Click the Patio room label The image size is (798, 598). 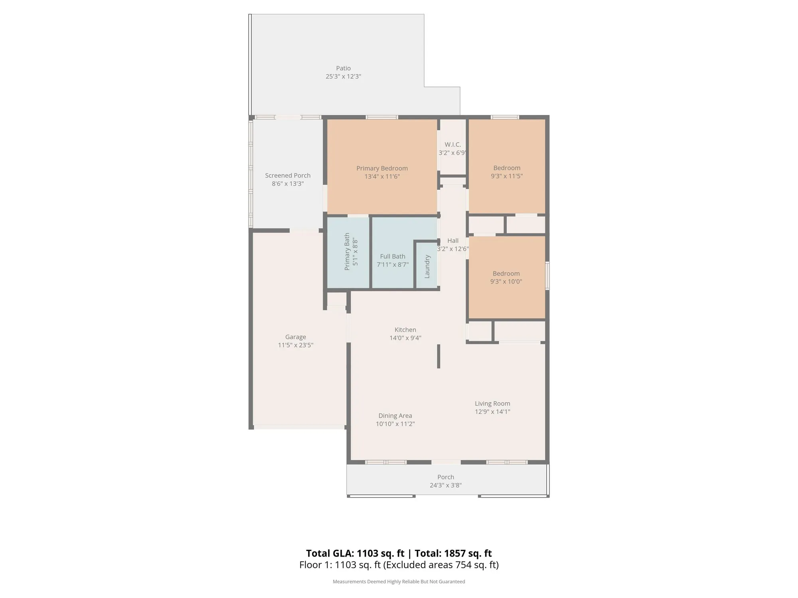[x=343, y=68]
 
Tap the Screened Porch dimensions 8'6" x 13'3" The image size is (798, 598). [x=288, y=184]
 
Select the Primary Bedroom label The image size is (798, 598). [x=382, y=168]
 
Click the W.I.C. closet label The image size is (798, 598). [x=452, y=144]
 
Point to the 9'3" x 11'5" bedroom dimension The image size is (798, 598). [x=506, y=176]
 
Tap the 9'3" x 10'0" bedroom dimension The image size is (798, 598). [x=506, y=281]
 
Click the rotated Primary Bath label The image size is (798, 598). [x=347, y=252]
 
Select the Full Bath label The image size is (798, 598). [x=393, y=256]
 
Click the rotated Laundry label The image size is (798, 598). [x=427, y=266]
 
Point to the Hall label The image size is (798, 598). [x=453, y=240]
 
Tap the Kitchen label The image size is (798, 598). [x=405, y=330]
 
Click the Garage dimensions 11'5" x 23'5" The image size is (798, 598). [x=295, y=345]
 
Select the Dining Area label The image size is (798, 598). [x=395, y=416]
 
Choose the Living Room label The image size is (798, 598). [x=492, y=403]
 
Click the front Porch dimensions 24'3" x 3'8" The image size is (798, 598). [x=445, y=485]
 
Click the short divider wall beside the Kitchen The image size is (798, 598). [x=439, y=356]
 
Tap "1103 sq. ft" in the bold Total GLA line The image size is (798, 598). [x=380, y=553]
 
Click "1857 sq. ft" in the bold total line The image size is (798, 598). [x=468, y=553]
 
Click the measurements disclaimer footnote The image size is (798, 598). [x=399, y=582]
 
